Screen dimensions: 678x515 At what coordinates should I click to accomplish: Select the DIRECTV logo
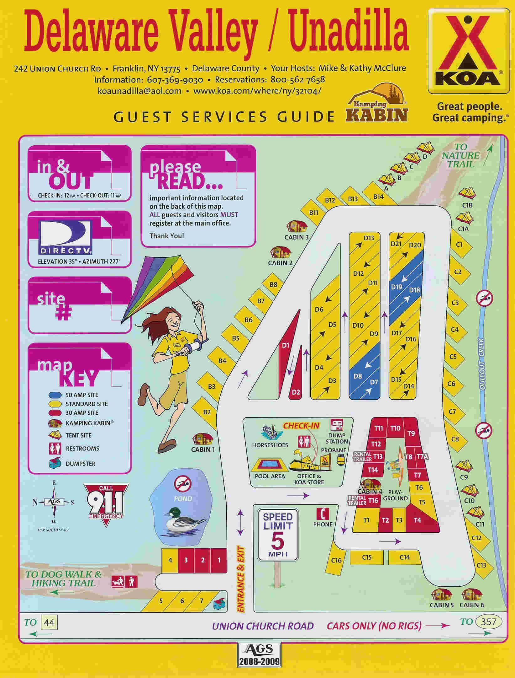pyautogui.click(x=65, y=237)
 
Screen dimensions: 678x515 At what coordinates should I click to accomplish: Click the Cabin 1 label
pyautogui.click(x=203, y=449)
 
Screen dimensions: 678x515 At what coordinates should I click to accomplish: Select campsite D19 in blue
pyautogui.click(x=397, y=287)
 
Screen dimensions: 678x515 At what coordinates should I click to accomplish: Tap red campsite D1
pyautogui.click(x=285, y=346)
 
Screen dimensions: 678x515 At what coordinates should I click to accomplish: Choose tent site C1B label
pyautogui.click(x=467, y=205)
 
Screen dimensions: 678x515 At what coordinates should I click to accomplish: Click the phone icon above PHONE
pyautogui.click(x=323, y=514)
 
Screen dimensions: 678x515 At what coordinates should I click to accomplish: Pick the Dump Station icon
pyautogui.click(x=337, y=425)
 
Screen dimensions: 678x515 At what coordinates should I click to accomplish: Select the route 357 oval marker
pyautogui.click(x=488, y=622)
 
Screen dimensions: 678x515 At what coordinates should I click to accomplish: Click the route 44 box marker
pyautogui.click(x=49, y=622)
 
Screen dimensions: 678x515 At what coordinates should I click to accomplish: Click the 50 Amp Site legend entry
pyautogui.click(x=81, y=395)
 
